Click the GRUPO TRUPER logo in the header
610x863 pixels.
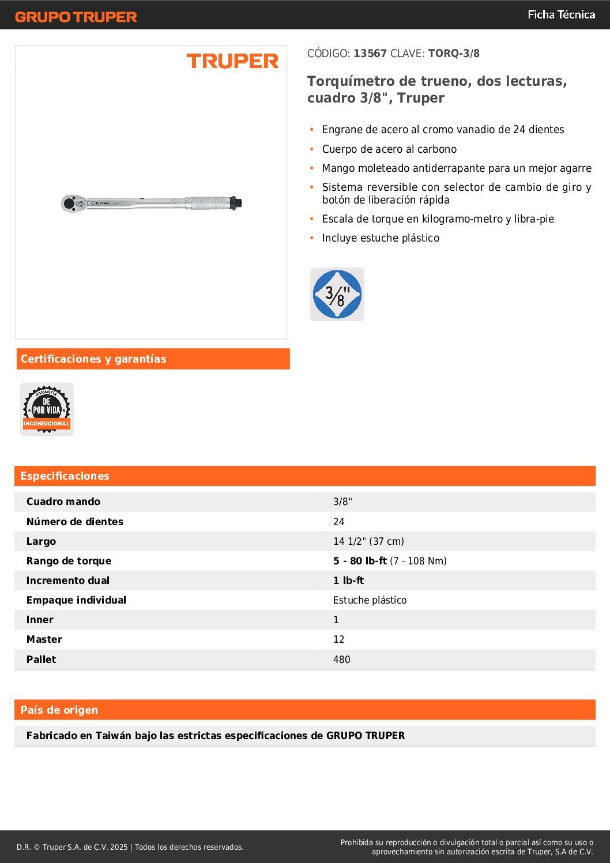[76, 17]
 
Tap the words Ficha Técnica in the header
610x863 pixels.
[561, 14]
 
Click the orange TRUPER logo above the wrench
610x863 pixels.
[232, 61]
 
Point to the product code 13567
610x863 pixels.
[370, 54]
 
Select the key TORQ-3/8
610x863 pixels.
[454, 54]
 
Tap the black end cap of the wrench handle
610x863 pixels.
[236, 203]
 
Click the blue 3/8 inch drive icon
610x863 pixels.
[337, 294]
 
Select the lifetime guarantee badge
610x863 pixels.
[47, 409]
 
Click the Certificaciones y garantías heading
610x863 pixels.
[93, 359]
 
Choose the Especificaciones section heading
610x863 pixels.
[65, 476]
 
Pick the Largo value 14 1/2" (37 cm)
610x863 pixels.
[368, 541]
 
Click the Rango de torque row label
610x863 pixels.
[69, 561]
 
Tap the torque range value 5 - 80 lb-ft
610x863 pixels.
[360, 561]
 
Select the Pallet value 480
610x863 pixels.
[341, 660]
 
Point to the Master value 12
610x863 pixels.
[338, 639]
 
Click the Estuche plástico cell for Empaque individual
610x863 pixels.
[370, 600]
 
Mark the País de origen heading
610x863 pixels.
[59, 710]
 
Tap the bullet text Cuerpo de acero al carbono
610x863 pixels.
[389, 149]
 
